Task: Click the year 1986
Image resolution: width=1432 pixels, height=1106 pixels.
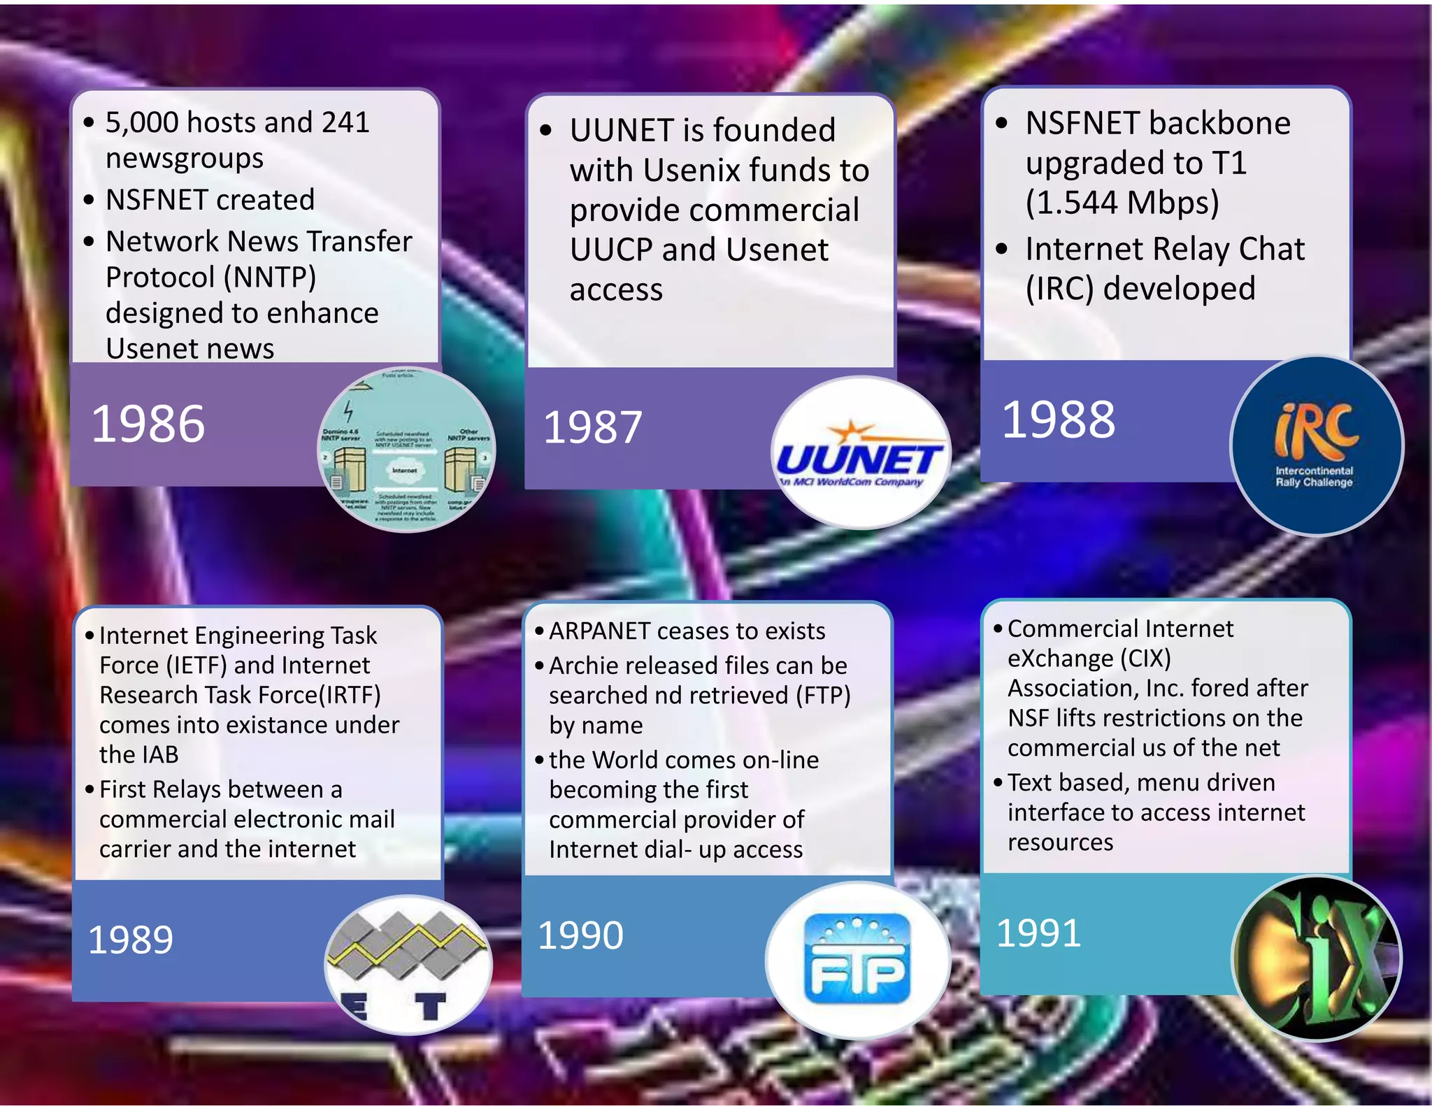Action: pos(148,424)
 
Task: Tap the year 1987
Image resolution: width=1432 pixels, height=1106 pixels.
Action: pos(592,427)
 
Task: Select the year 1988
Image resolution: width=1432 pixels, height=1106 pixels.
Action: pos(1058,419)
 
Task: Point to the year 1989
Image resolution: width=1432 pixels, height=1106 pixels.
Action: pos(131,940)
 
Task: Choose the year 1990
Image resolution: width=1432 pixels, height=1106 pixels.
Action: pos(580,935)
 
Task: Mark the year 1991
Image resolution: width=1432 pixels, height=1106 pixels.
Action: pos(1038,933)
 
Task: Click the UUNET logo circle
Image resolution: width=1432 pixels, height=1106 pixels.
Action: pos(860,453)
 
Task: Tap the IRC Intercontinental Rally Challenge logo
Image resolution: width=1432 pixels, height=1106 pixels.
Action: pos(1316,446)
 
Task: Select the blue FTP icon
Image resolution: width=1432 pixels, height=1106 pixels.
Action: pos(858,959)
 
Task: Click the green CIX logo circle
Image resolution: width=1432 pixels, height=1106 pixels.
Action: pos(1316,958)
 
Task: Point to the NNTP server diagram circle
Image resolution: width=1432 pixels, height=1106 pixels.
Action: pos(406,450)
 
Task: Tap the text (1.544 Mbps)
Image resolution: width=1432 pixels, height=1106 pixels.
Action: pos(1122,203)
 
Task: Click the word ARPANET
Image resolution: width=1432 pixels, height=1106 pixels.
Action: pos(599,631)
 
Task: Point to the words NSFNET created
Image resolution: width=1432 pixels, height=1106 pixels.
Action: pos(210,200)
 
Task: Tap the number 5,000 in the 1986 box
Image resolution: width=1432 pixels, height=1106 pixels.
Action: pos(142,122)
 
